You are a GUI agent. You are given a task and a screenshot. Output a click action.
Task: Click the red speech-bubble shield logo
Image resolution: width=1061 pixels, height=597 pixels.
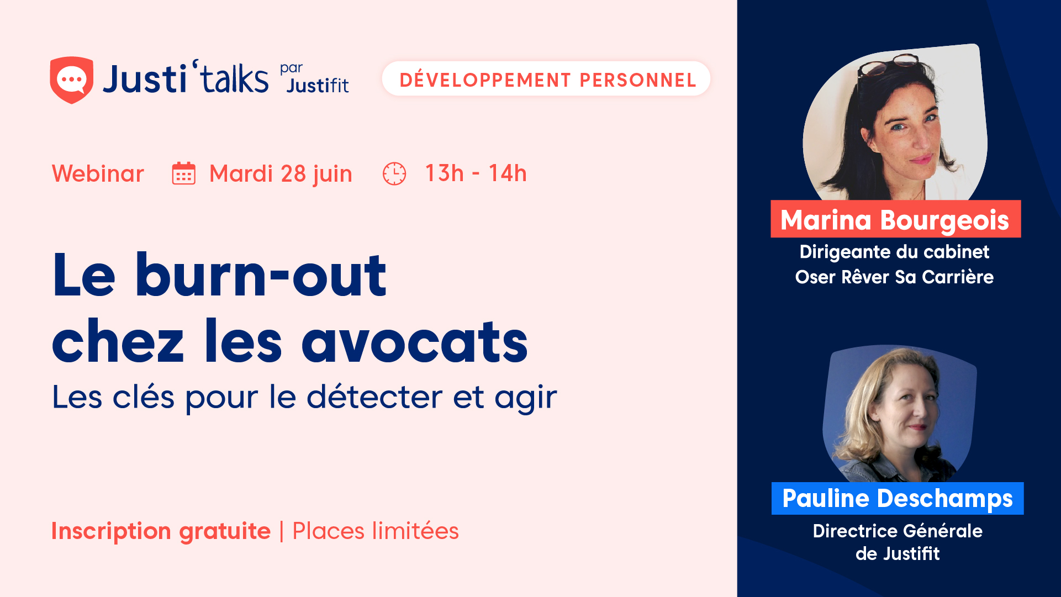pyautogui.click(x=71, y=80)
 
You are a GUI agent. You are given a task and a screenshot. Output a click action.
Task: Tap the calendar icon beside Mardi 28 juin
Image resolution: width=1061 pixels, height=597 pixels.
pyautogui.click(x=183, y=173)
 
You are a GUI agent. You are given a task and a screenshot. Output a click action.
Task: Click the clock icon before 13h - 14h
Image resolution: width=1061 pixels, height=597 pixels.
pyautogui.click(x=394, y=173)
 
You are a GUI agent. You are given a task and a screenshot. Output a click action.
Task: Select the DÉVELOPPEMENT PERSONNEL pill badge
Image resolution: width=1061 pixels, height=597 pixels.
pyautogui.click(x=546, y=79)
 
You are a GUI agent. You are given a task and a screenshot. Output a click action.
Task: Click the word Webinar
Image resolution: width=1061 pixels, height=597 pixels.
pyautogui.click(x=98, y=173)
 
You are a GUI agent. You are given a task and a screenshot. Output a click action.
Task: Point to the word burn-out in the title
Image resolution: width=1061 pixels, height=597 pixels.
pyautogui.click(x=261, y=274)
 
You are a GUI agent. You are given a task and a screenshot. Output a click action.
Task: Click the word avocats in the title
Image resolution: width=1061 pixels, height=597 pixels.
pyautogui.click(x=415, y=341)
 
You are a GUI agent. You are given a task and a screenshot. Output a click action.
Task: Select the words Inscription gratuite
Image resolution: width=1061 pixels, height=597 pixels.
pyautogui.click(x=161, y=531)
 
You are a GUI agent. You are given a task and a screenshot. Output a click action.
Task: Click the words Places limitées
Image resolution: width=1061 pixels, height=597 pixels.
pyautogui.click(x=376, y=531)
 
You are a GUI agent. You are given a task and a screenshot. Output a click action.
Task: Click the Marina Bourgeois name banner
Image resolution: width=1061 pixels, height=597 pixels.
pyautogui.click(x=895, y=219)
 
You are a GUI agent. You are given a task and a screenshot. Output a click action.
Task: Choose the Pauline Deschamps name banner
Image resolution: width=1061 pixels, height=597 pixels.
pyautogui.click(x=898, y=498)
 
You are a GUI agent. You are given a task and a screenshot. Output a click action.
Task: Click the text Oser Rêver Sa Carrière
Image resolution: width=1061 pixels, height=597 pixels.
pyautogui.click(x=894, y=277)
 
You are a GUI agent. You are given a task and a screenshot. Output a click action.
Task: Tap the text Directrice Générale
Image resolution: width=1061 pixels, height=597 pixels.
pyautogui.click(x=898, y=531)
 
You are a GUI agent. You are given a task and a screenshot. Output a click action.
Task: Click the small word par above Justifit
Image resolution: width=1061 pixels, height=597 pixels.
pyautogui.click(x=291, y=68)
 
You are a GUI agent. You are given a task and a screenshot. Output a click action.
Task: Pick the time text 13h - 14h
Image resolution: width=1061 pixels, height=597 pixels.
pyautogui.click(x=476, y=173)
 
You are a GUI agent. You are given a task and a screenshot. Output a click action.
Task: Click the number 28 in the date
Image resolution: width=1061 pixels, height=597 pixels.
pyautogui.click(x=293, y=174)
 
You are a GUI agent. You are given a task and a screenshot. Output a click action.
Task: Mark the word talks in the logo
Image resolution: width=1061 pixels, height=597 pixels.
pyautogui.click(x=234, y=78)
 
